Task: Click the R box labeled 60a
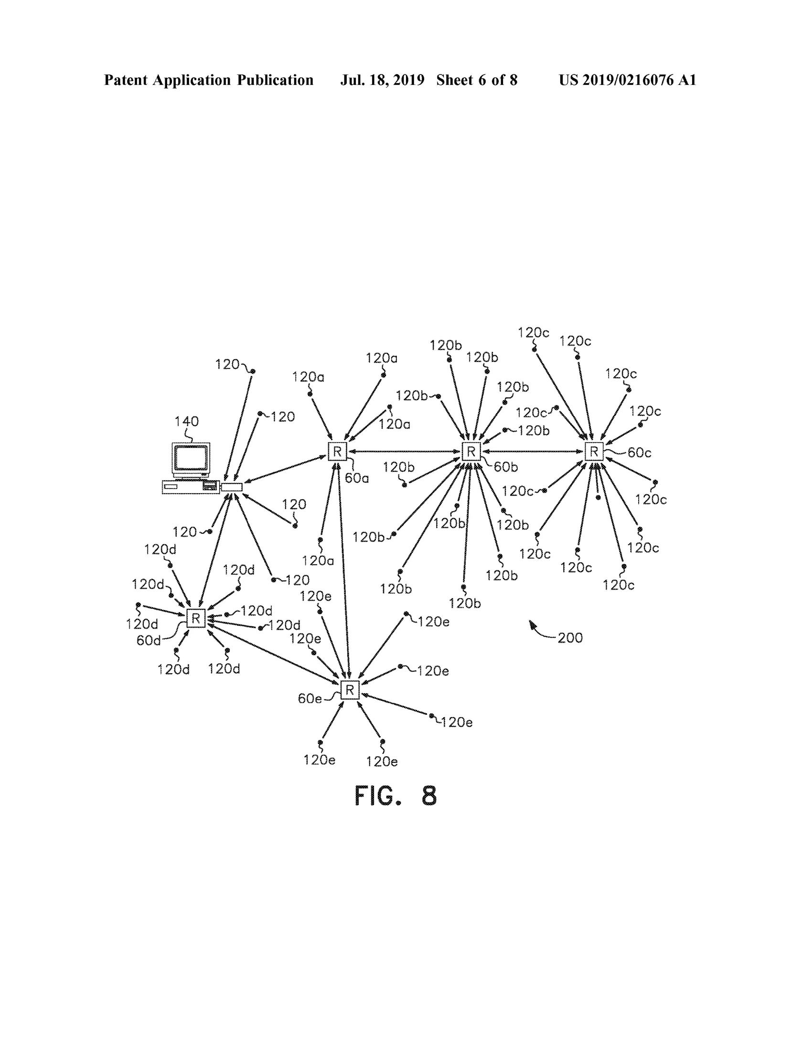tap(337, 451)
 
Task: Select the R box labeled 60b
tap(471, 451)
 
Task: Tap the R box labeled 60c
tap(594, 452)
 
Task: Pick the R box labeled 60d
tap(195, 618)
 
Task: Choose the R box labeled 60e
tap(350, 690)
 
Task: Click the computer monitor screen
tap(191, 458)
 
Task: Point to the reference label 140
tap(186, 422)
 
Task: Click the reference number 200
tap(570, 638)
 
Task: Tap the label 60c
tap(640, 453)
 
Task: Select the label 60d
tap(149, 640)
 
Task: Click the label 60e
tap(310, 699)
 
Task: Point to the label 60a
tap(357, 478)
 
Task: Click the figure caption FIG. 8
tap(395, 795)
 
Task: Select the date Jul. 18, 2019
tap(382, 80)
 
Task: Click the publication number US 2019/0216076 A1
tap(628, 80)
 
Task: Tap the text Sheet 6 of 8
tap(477, 80)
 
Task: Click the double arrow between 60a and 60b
tap(404, 451)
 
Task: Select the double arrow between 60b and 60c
tap(533, 451)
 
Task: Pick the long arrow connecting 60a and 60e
tap(344, 571)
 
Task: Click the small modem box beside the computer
tap(232, 487)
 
